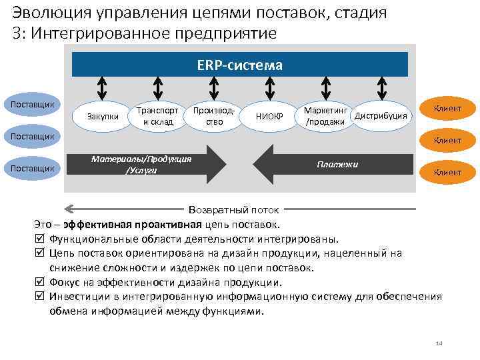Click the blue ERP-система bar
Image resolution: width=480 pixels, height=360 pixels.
point(239,65)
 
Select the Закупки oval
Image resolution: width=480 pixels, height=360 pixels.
point(103,117)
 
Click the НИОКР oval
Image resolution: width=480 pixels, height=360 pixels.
point(269,117)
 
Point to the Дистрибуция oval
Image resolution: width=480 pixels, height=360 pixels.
point(381,116)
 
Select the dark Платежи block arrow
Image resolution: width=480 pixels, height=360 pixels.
point(333,164)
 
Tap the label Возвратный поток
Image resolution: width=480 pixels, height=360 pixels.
point(234,209)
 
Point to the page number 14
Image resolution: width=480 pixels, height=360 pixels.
point(439,343)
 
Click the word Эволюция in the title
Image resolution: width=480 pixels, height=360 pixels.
point(46,13)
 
